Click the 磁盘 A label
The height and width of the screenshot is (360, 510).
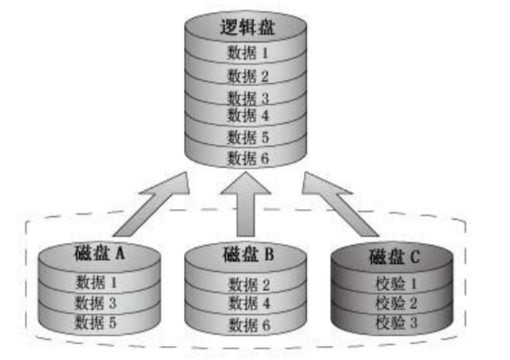(99, 253)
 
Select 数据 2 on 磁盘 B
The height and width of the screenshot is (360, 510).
(249, 285)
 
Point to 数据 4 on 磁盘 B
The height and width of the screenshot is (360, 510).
(249, 303)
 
